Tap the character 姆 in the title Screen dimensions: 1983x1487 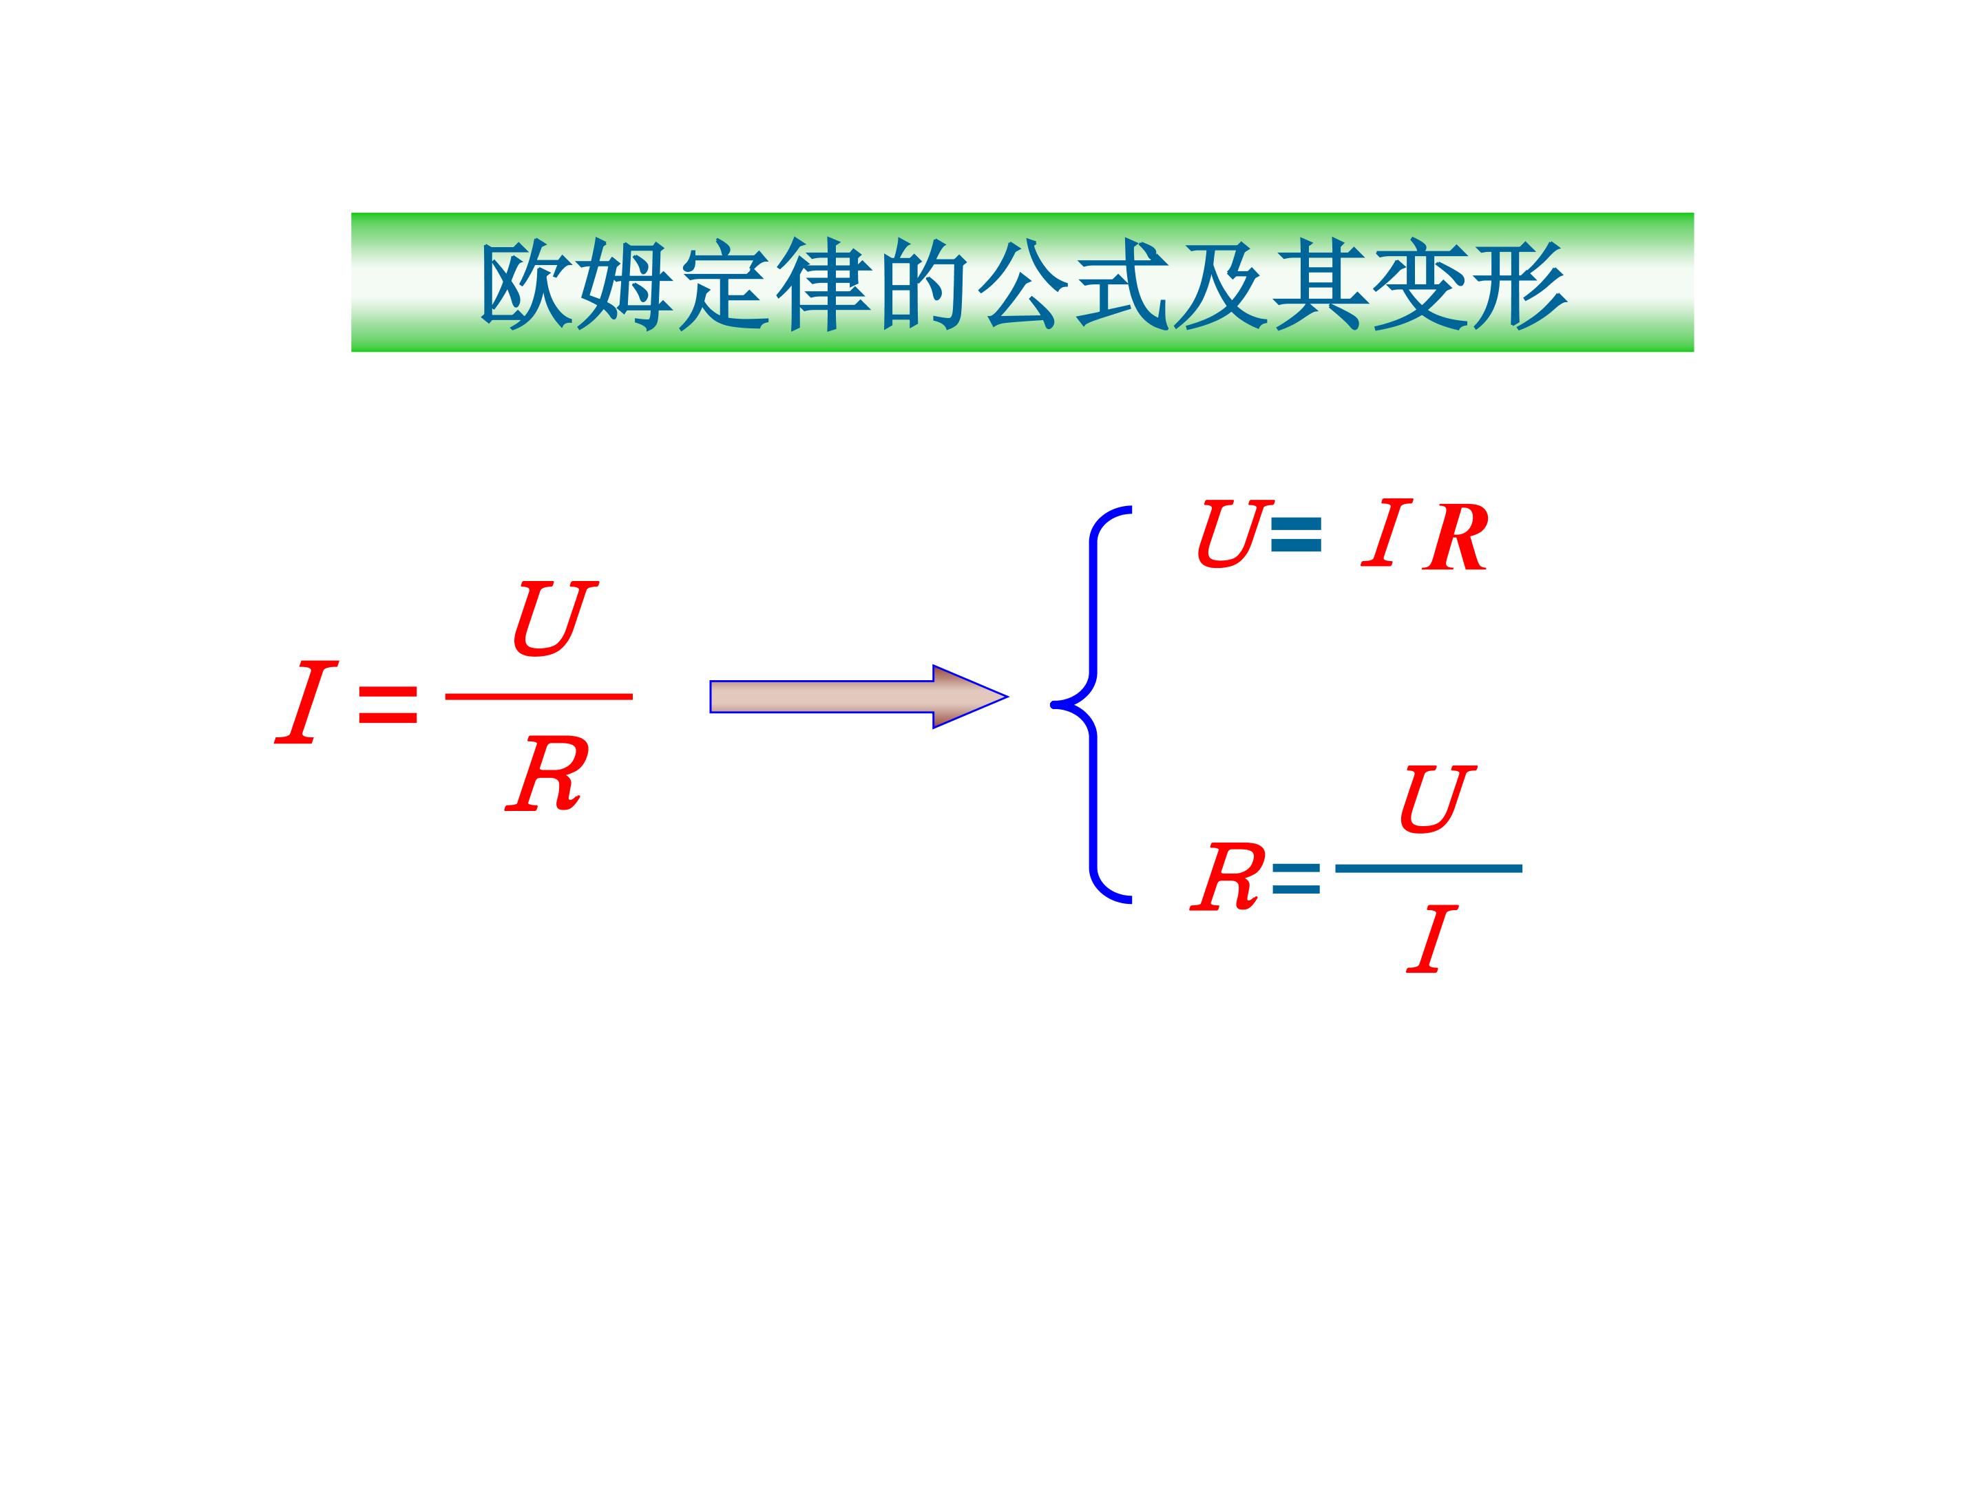point(625,285)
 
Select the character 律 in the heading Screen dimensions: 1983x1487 point(824,285)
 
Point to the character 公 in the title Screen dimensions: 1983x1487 point(1024,285)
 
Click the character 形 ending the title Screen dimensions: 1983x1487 point(1520,285)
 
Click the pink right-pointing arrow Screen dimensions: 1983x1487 point(859,697)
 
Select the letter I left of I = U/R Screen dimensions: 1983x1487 point(306,703)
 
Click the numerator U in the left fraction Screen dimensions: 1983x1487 point(555,618)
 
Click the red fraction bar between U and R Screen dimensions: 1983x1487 point(538,695)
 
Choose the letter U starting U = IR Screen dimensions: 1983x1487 point(1235,534)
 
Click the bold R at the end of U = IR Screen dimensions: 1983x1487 point(1455,538)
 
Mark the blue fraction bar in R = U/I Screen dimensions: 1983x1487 point(1429,867)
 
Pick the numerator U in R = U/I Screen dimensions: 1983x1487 point(1437,798)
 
